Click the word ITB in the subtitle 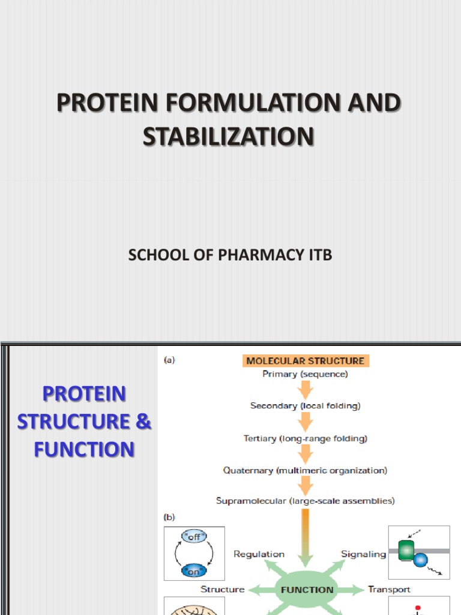tap(318, 255)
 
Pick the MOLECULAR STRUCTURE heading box tap(305, 361)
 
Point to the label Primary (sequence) tap(305, 374)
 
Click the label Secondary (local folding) tap(305, 406)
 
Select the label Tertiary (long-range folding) tap(305, 438)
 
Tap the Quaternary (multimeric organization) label tap(305, 470)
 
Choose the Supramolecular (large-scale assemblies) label tap(305, 500)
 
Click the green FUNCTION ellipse tap(306, 589)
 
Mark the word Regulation tap(259, 554)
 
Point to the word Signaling tap(363, 554)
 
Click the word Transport tap(389, 589)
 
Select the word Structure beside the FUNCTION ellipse tap(222, 589)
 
